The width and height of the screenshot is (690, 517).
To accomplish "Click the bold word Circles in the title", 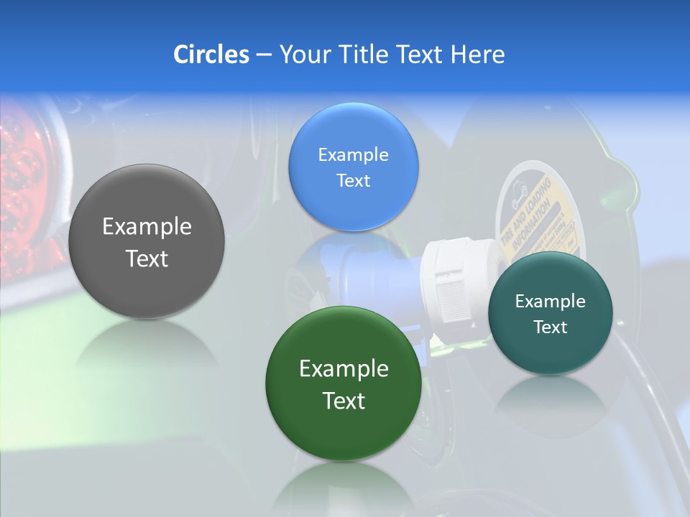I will [211, 55].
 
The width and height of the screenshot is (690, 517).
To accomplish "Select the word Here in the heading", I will [478, 55].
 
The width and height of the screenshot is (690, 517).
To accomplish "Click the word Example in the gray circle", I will [147, 227].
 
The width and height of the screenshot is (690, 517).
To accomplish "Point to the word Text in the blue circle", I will [353, 181].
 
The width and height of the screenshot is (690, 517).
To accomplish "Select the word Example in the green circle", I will [344, 369].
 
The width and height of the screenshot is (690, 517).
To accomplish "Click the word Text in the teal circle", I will [551, 327].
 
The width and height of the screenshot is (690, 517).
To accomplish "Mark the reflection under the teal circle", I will [551, 402].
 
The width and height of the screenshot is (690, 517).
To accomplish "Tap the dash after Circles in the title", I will [263, 55].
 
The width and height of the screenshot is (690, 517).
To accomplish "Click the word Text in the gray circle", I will [147, 259].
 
